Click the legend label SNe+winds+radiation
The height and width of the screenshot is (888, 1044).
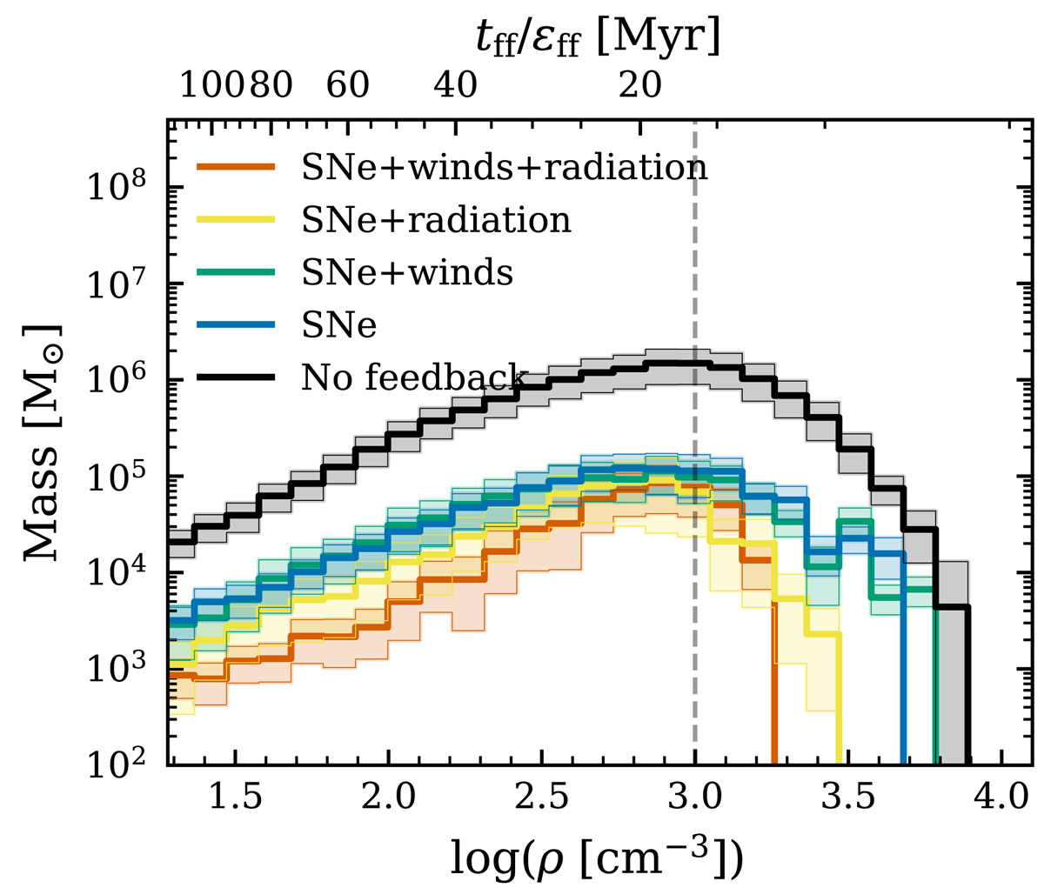coord(504,167)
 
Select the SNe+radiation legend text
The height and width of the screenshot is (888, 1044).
coord(436,220)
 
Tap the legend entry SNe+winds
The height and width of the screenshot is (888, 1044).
coord(406,272)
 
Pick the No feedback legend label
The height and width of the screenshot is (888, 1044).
coord(414,377)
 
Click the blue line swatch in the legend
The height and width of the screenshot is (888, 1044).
coord(236,325)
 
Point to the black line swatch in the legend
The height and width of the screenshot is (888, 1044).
coord(236,377)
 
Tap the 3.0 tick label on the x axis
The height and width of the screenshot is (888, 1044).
coord(694,799)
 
